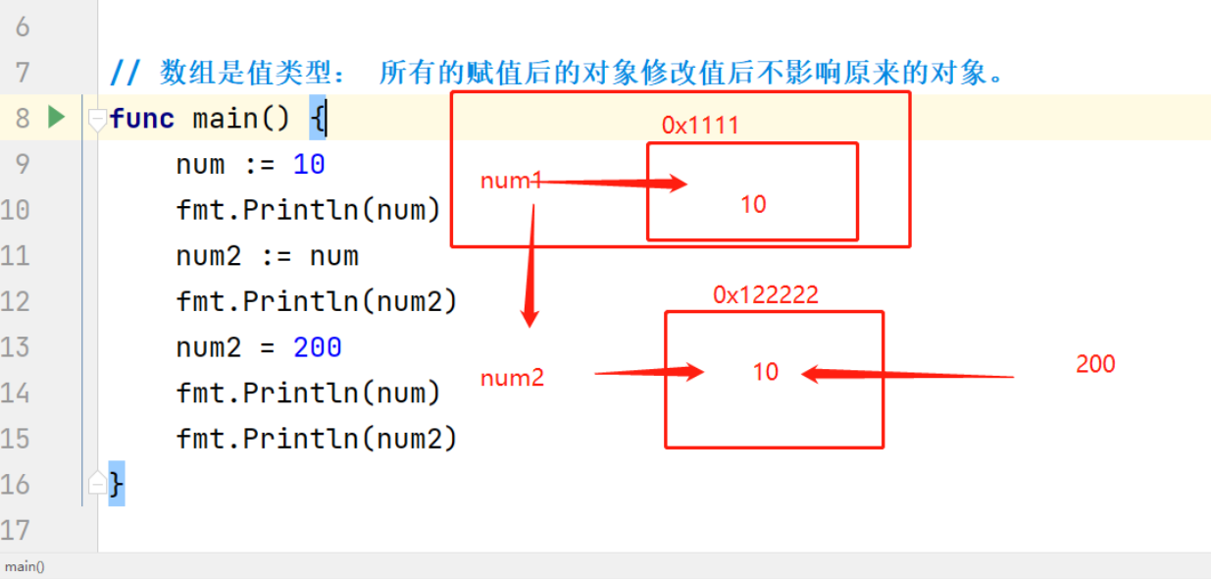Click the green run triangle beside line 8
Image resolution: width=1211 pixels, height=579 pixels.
click(56, 118)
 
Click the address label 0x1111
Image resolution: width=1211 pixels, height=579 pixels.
click(699, 126)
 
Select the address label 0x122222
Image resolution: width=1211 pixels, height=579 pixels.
click(765, 295)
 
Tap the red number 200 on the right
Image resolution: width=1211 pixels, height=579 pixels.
click(1095, 364)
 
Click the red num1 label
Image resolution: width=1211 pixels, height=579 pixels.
click(510, 181)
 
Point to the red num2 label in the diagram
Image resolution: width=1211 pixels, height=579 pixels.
click(512, 378)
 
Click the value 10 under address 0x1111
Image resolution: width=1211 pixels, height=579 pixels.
click(753, 205)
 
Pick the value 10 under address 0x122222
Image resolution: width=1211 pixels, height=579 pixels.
click(765, 372)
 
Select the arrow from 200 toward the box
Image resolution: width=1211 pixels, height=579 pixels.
click(906, 374)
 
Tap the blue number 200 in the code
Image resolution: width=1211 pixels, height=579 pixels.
click(317, 347)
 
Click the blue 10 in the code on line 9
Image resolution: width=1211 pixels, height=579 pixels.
click(309, 164)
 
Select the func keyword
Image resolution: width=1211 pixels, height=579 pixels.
click(142, 119)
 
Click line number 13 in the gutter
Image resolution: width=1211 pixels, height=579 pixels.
click(16, 347)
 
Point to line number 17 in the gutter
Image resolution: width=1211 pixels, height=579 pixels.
click(16, 531)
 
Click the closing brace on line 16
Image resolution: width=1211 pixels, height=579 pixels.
click(117, 484)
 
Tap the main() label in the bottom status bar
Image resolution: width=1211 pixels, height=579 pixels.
click(25, 566)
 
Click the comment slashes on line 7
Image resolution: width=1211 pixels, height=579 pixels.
click(125, 73)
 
